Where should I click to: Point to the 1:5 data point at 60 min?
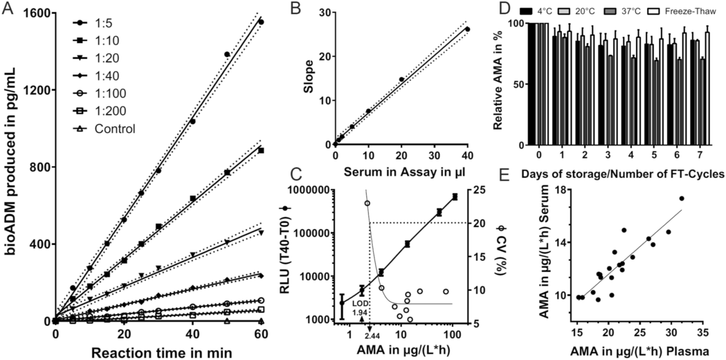tap(261, 22)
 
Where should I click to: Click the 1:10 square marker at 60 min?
tap(261, 150)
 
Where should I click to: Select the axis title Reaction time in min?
tap(162, 353)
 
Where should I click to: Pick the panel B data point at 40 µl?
tap(468, 29)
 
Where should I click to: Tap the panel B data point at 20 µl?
tap(401, 79)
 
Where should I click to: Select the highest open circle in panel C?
tap(367, 203)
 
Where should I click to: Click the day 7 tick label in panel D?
tap(700, 155)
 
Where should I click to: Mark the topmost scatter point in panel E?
tap(682, 198)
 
